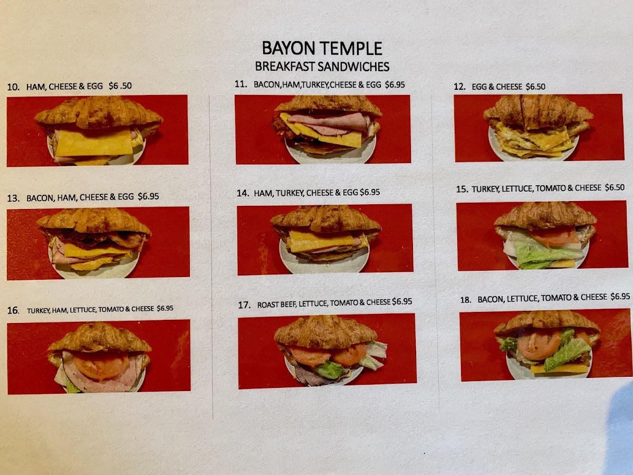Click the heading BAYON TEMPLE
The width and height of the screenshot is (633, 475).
(x=322, y=48)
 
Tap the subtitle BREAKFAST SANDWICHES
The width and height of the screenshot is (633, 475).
(x=322, y=66)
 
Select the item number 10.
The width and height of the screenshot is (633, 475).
(x=13, y=87)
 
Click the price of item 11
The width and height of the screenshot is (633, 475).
(x=395, y=84)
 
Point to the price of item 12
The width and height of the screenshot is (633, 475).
(x=535, y=87)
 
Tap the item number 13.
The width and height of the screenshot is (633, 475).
(x=13, y=198)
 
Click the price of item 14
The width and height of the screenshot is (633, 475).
(x=370, y=192)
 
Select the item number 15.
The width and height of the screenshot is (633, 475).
(x=462, y=189)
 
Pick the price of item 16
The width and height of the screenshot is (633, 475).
(x=165, y=308)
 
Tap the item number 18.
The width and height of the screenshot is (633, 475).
(x=465, y=300)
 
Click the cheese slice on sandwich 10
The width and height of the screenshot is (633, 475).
(x=94, y=142)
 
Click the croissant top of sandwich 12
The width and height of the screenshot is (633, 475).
(x=538, y=111)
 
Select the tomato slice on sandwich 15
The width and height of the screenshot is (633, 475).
(x=554, y=236)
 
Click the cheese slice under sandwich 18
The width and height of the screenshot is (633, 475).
(x=559, y=369)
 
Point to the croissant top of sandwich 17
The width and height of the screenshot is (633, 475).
(x=325, y=331)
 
